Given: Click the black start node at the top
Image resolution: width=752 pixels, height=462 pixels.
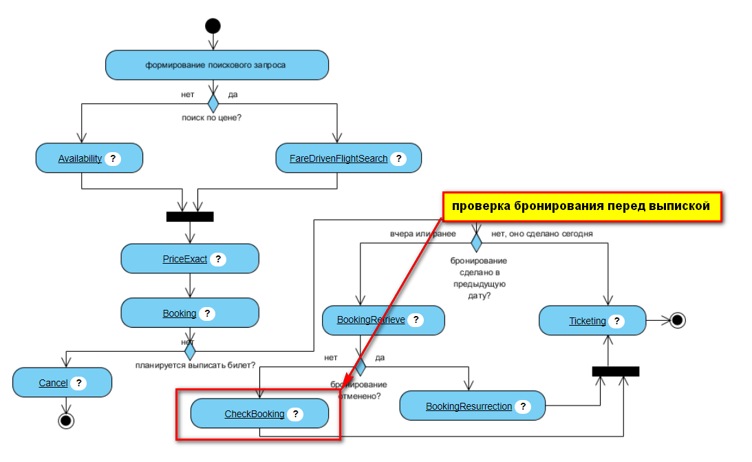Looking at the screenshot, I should (x=213, y=26).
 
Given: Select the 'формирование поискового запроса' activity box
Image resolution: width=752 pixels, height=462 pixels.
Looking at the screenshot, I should (x=217, y=65).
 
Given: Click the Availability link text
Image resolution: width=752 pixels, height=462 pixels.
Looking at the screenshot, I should (x=80, y=158).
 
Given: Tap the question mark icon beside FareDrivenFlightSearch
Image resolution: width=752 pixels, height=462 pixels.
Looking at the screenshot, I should (x=397, y=158).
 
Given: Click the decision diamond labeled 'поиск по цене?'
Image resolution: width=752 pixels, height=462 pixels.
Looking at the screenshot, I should (x=213, y=103).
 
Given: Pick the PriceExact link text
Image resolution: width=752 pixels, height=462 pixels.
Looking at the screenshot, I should (x=184, y=259).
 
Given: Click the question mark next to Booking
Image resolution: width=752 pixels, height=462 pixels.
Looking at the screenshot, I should (x=206, y=313).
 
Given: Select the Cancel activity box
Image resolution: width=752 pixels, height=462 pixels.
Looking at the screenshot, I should (x=62, y=383).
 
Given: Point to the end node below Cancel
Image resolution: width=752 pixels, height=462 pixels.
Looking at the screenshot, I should (x=66, y=420).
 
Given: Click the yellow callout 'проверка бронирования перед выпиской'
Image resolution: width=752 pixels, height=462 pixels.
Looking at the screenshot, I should (x=581, y=207).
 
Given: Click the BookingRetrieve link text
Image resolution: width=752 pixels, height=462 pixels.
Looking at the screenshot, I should (x=371, y=320).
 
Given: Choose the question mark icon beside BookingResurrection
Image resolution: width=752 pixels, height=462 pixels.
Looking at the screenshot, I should (x=522, y=406).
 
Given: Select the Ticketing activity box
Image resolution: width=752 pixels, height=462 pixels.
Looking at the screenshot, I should (x=592, y=321).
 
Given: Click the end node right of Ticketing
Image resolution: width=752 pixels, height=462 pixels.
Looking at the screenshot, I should (x=677, y=320).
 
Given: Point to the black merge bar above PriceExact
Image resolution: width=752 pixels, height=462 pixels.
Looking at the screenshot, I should (x=190, y=217).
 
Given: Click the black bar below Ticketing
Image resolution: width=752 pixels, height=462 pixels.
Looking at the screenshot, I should (x=616, y=371).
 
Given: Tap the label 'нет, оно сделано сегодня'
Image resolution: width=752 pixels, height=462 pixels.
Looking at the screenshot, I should (x=542, y=233).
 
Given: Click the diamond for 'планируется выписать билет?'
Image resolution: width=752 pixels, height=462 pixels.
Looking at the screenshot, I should (x=190, y=351).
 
